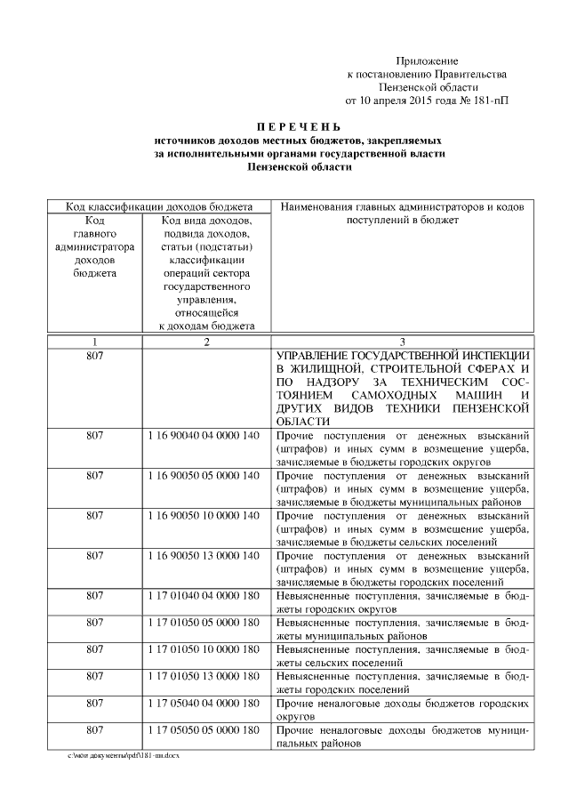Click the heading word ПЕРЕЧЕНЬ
(297, 127)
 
